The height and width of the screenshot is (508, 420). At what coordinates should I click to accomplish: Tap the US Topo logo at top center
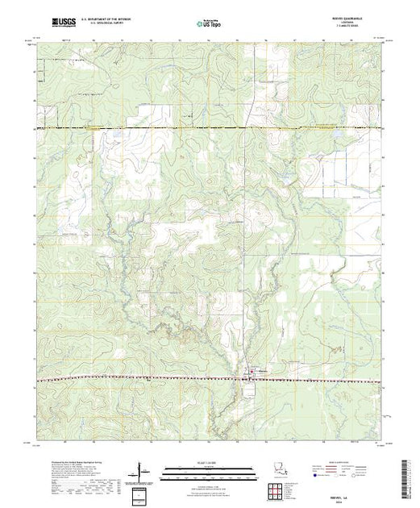pyautogui.click(x=209, y=25)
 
